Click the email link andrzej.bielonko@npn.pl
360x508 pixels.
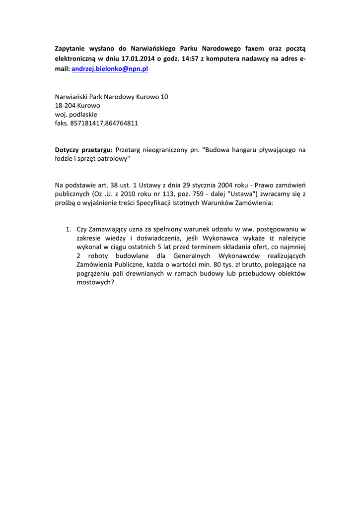pyautogui.click(x=110, y=69)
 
